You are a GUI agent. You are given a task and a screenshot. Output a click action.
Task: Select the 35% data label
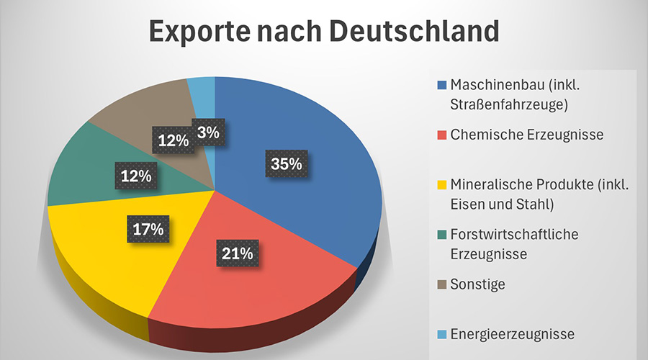(x=286, y=163)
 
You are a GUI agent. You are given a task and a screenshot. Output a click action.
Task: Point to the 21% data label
(x=237, y=253)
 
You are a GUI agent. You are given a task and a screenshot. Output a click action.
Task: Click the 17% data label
(x=148, y=230)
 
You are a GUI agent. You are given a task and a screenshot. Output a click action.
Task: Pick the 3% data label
(x=208, y=132)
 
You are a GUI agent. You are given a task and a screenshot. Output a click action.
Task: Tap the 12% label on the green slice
(x=135, y=175)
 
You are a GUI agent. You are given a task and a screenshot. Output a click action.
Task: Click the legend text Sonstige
(x=477, y=284)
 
